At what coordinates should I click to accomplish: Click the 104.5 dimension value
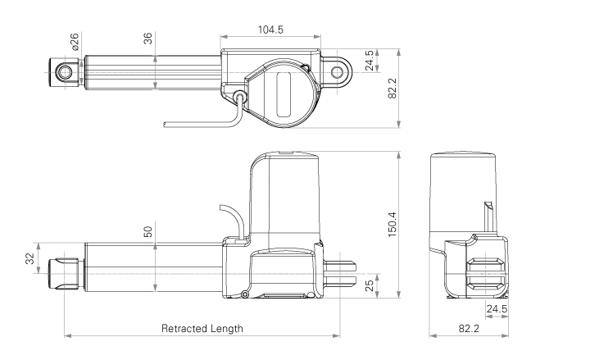[270, 30]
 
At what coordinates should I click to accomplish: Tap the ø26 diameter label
[75, 42]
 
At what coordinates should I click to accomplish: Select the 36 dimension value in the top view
[147, 39]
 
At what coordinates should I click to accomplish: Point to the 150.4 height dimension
[392, 225]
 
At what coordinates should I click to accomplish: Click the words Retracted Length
[202, 328]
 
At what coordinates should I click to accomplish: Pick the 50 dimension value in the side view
[147, 231]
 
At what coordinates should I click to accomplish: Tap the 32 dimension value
[29, 258]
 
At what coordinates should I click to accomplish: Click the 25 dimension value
[370, 285]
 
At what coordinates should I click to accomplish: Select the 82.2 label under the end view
[469, 328]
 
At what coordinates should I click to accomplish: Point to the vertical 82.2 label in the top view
[392, 89]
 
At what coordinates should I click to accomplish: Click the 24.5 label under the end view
[497, 309]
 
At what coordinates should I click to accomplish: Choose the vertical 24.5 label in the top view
[370, 60]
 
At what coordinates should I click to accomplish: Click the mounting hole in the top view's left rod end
[65, 72]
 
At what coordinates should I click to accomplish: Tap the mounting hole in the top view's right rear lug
[337, 72]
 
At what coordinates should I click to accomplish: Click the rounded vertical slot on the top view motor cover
[284, 94]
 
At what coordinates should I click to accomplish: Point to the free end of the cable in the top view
[165, 125]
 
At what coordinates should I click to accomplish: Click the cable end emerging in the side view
[220, 207]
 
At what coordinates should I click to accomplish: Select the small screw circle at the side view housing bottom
[245, 294]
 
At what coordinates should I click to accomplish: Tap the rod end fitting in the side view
[64, 274]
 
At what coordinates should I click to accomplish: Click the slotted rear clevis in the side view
[339, 274]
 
